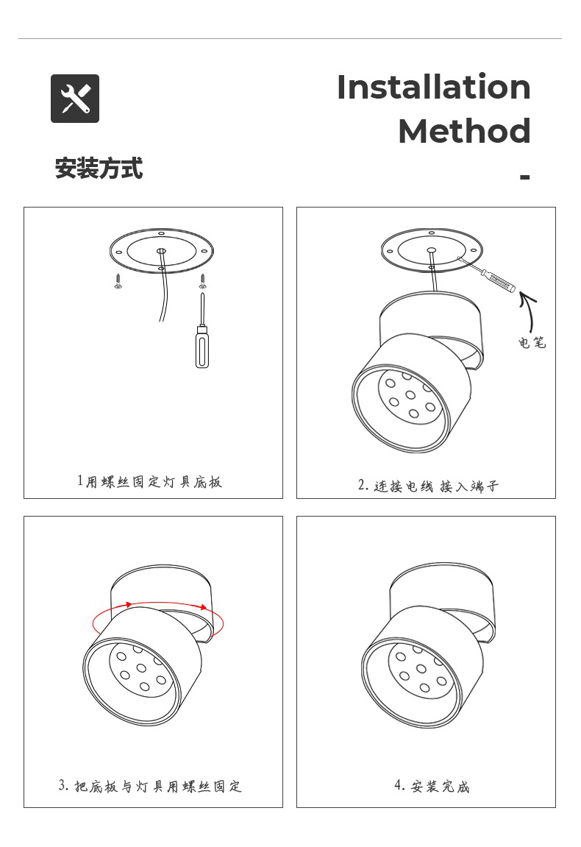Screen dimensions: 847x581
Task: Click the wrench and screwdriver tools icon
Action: tap(75, 99)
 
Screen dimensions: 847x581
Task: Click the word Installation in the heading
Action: tap(433, 87)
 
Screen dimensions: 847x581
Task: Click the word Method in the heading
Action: tap(464, 131)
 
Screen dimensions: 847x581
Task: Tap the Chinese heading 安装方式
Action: tap(99, 169)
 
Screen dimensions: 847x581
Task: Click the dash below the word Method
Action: tap(524, 177)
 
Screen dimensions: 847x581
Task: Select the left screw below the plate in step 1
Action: tap(118, 280)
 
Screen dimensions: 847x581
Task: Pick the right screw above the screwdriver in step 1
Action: tap(202, 280)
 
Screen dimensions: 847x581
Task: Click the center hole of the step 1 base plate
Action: tap(160, 251)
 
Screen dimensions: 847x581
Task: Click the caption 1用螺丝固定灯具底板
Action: tap(149, 482)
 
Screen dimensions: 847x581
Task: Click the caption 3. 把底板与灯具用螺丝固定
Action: tap(150, 786)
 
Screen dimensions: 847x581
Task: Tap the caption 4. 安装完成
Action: tap(432, 786)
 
